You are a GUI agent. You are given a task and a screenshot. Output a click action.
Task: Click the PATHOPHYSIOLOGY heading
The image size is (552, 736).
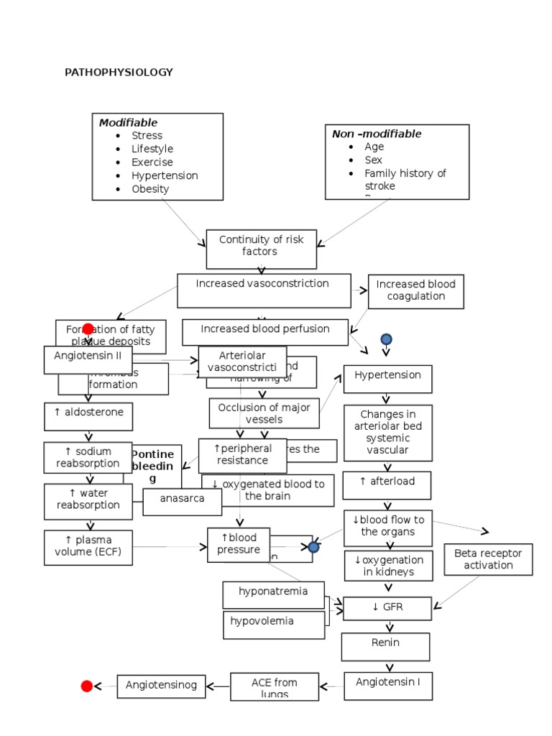point(119,73)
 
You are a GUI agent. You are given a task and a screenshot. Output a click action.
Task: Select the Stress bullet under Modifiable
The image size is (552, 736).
point(147,135)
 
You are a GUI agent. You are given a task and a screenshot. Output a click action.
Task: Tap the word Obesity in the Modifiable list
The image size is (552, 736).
point(149,189)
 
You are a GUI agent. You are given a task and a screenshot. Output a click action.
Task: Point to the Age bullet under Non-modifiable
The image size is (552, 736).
point(374,147)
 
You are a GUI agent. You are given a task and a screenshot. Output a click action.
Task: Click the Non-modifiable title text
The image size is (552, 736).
point(377,134)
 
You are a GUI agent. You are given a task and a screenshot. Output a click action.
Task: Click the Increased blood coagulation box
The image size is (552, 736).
point(415,291)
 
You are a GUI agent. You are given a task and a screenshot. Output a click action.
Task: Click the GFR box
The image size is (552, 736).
point(387,608)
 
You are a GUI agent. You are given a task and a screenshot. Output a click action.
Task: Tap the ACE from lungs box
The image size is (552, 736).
point(274,686)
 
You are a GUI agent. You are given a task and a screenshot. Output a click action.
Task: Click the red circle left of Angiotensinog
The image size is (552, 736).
point(87,686)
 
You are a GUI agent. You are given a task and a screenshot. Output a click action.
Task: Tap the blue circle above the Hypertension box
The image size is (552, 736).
point(386,339)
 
